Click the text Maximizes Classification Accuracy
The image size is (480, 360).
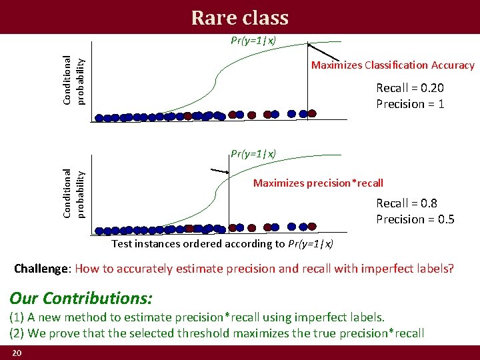coord(393,65)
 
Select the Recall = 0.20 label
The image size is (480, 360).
coord(410,88)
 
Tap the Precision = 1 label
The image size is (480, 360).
coord(410,104)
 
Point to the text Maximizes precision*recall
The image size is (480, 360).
coord(318,183)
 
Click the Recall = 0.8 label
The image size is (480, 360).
coord(407,203)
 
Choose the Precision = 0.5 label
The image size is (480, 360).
coord(415,219)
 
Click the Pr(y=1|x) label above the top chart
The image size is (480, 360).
coord(253,40)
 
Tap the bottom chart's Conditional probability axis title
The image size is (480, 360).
coord(73,193)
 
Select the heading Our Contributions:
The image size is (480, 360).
coord(81,297)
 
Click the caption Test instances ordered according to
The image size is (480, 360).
coord(198,244)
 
